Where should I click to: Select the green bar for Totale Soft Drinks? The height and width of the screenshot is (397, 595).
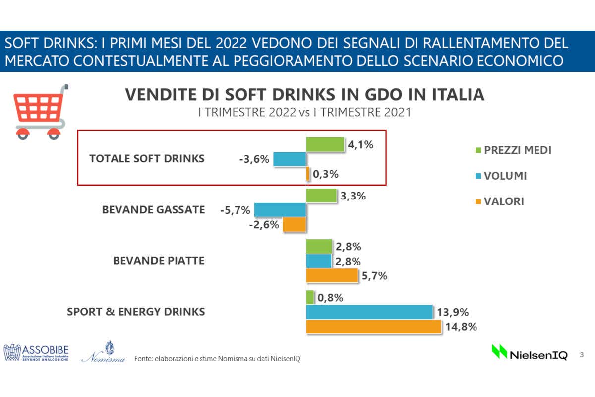pyautogui.click(x=325, y=144)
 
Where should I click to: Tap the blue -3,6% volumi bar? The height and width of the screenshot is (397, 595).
pyautogui.click(x=290, y=159)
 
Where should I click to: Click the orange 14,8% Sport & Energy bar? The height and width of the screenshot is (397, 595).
pyautogui.click(x=373, y=327)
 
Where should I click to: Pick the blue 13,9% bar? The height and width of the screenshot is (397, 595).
pyautogui.click(x=369, y=312)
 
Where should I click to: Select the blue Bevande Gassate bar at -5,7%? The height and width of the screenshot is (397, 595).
pyautogui.click(x=280, y=210)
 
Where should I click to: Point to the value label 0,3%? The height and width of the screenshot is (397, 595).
pyautogui.click(x=326, y=174)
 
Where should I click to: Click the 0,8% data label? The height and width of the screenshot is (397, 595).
pyautogui.click(x=331, y=298)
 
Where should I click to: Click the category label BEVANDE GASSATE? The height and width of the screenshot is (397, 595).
pyautogui.click(x=153, y=210)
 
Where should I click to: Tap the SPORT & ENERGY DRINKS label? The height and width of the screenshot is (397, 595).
pyautogui.click(x=136, y=312)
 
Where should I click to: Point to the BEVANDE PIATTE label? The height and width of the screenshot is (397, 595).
pyautogui.click(x=159, y=261)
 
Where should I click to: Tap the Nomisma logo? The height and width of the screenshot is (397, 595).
pyautogui.click(x=104, y=353)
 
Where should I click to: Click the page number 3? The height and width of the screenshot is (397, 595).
pyautogui.click(x=582, y=355)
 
